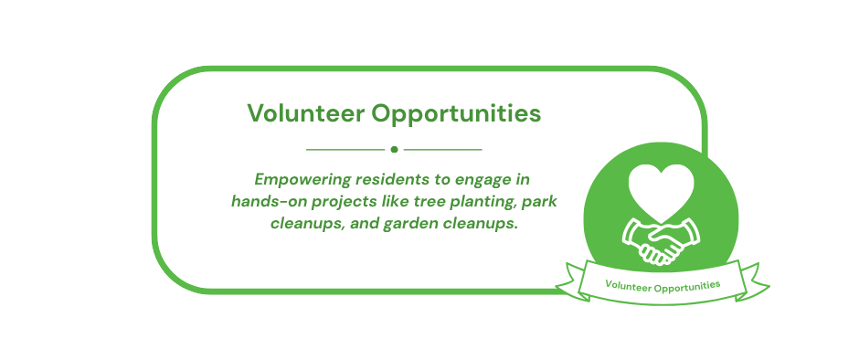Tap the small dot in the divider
click(x=394, y=150)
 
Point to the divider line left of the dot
click(x=345, y=150)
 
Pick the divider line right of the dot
click(x=442, y=150)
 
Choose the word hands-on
click(x=264, y=202)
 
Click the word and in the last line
click(x=363, y=224)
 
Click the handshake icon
click(x=662, y=241)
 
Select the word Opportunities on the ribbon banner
click(x=687, y=286)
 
